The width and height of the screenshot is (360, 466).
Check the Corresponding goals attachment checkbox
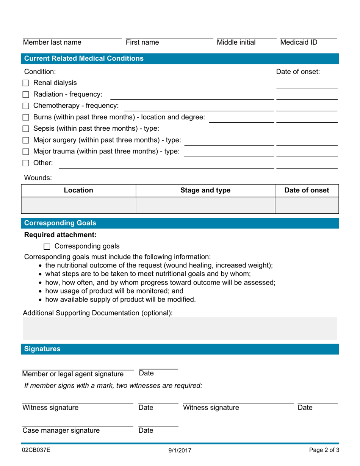[47, 247]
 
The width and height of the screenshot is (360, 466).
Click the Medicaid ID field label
[299, 42]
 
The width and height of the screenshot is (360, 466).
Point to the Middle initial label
[236, 42]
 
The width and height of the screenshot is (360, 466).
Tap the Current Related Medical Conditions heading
[84, 58]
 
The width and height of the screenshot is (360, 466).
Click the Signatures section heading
[42, 349]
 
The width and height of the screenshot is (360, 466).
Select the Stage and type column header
[205, 191]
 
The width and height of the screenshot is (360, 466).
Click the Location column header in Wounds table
[78, 191]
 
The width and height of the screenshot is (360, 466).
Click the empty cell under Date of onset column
[306, 205]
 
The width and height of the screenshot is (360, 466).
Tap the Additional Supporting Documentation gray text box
[180, 328]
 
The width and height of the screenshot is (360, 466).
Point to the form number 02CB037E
[36, 450]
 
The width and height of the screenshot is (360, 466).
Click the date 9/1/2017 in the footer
[180, 451]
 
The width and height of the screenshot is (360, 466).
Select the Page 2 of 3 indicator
[324, 450]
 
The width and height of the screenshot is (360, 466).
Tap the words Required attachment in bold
[60, 235]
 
